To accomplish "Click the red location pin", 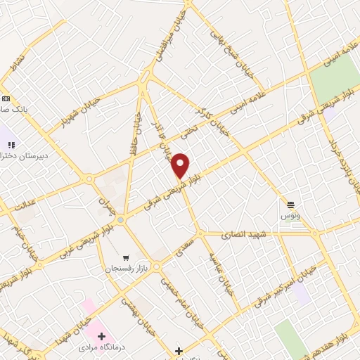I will click(x=181, y=165).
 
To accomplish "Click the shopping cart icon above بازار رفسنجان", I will click(x=126, y=257).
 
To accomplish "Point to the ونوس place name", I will click(x=290, y=214).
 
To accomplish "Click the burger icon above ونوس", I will click(x=290, y=204).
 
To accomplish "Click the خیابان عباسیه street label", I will click(x=215, y=269).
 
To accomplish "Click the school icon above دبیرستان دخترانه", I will click(x=11, y=144).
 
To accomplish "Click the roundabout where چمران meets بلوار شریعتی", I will click(x=121, y=220).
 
